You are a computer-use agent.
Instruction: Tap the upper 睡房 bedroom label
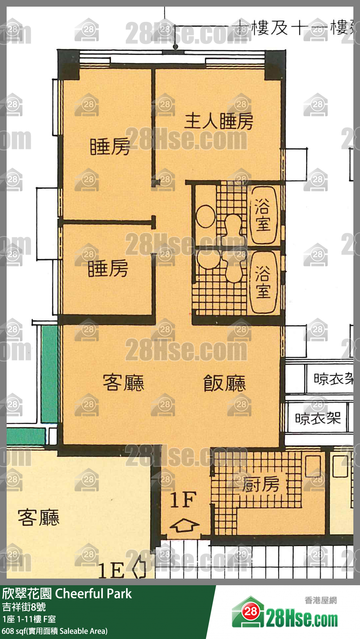(110, 146)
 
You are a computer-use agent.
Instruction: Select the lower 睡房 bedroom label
(108, 268)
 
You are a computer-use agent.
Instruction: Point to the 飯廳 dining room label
(224, 383)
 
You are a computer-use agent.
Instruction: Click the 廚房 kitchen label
(260, 484)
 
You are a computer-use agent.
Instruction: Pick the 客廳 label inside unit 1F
(123, 383)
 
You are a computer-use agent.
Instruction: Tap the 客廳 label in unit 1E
(38, 518)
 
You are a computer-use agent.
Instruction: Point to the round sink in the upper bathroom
(206, 216)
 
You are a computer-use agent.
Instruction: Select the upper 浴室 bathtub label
(263, 215)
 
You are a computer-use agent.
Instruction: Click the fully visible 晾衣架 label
(318, 418)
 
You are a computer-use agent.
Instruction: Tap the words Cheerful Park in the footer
(93, 594)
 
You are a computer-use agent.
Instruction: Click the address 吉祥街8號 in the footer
(24, 607)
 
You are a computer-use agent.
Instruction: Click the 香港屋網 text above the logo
(321, 600)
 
